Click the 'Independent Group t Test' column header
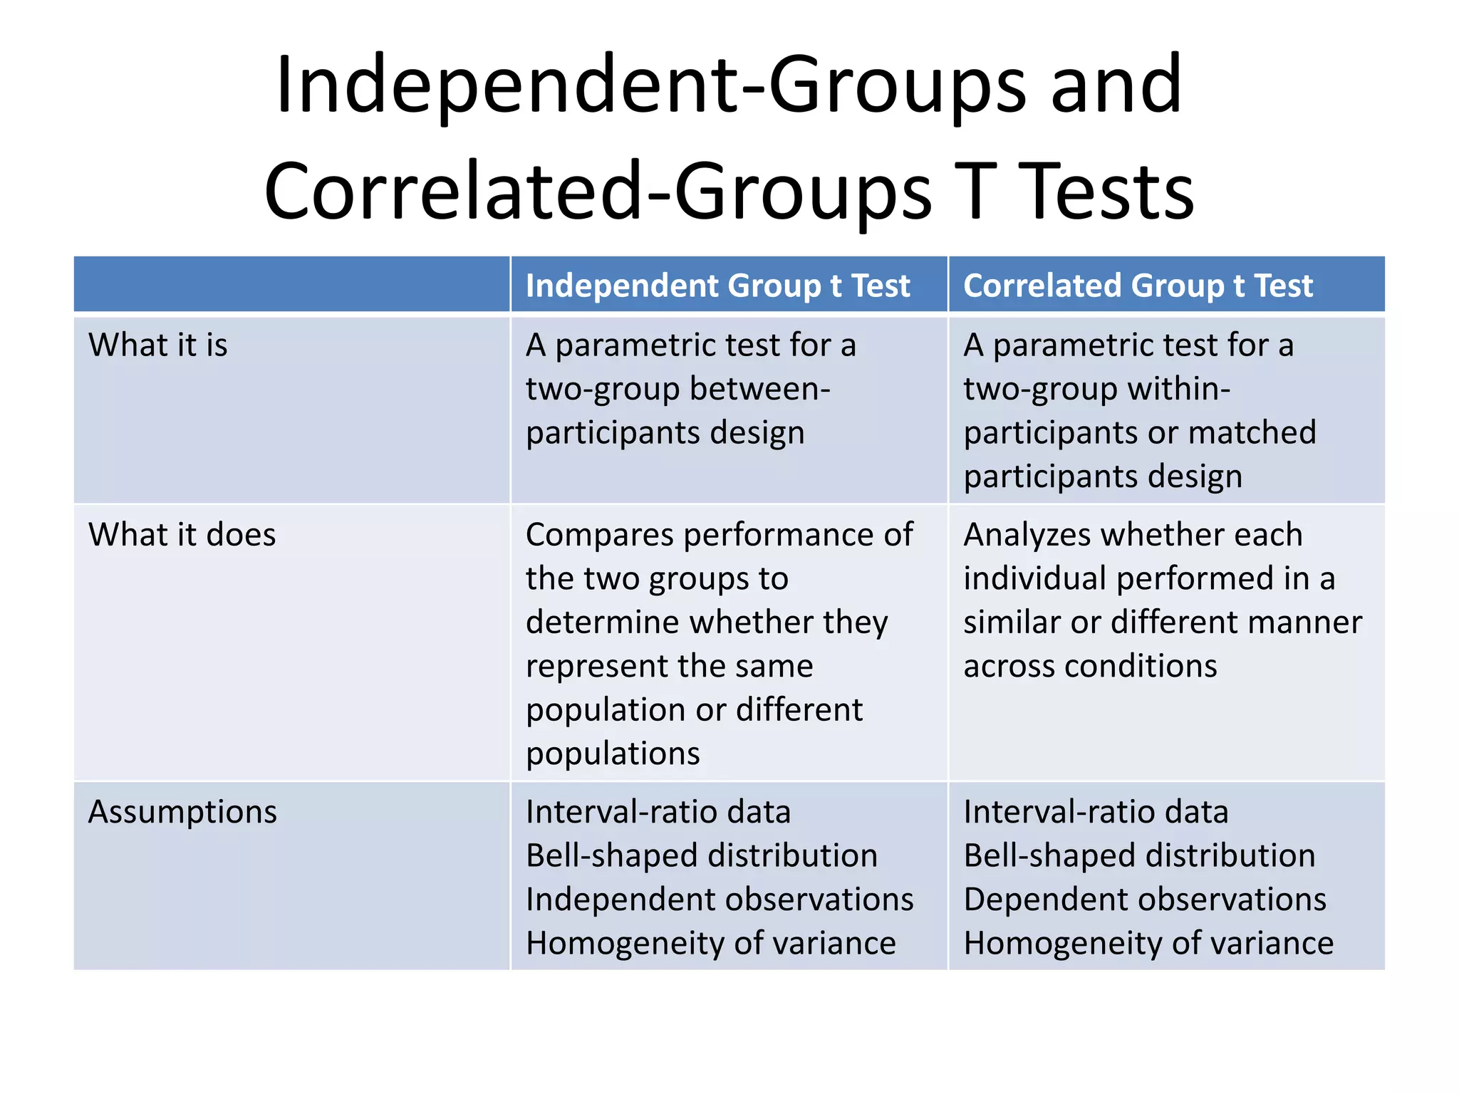pos(717,286)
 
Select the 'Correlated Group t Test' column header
pos(1138,286)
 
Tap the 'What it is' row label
pos(158,345)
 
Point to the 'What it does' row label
pos(182,535)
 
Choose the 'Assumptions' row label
pos(182,812)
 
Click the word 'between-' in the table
pos(759,389)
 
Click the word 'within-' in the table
pos(1169,389)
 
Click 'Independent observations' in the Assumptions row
pos(720,900)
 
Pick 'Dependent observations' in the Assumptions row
pos(1145,900)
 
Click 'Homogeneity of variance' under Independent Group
pos(711,944)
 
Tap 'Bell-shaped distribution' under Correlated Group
pos(1139,856)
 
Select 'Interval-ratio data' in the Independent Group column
pos(658,812)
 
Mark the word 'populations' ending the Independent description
pos(613,754)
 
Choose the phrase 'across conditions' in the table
pos(1090,667)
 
